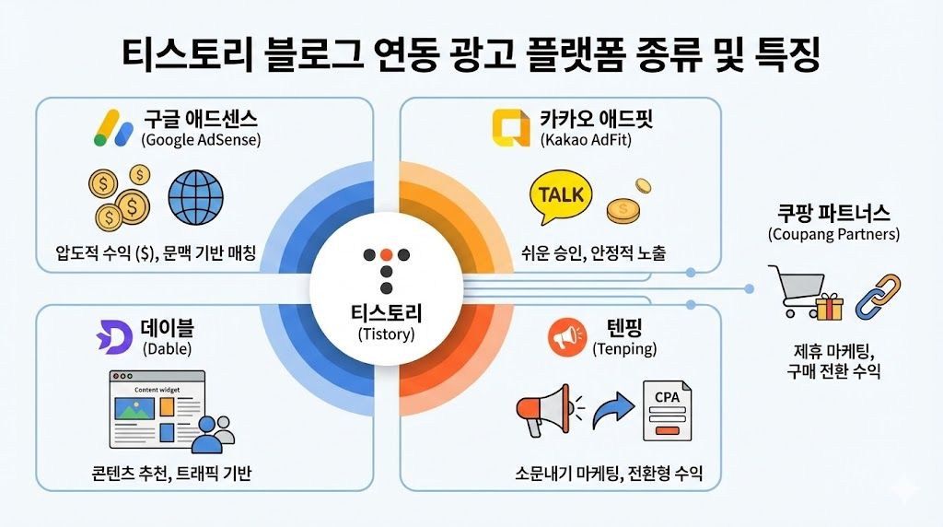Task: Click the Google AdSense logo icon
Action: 113,128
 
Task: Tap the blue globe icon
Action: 195,196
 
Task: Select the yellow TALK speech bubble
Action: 562,196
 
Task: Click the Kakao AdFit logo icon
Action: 510,128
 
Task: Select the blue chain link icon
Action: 877,296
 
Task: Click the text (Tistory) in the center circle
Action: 386,334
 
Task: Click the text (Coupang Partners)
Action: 832,235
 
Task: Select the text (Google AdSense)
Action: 201,140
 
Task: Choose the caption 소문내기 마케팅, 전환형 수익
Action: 609,474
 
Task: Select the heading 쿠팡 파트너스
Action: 832,214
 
